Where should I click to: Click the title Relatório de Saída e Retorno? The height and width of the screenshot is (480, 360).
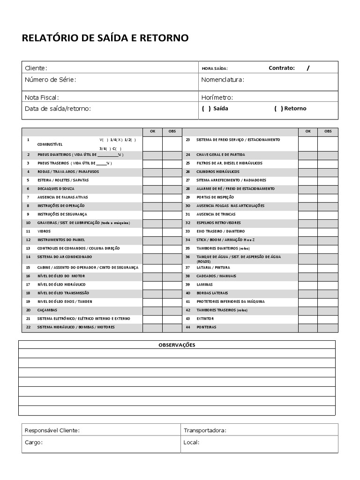point(105,38)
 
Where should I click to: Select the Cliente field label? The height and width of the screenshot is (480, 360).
point(36,68)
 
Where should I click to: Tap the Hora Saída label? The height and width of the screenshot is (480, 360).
point(215,68)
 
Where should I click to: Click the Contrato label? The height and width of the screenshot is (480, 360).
point(282,68)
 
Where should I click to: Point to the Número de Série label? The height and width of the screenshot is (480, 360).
point(50,80)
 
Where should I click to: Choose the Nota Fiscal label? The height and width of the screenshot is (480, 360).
point(42,97)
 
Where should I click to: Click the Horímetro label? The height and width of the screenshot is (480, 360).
point(217,97)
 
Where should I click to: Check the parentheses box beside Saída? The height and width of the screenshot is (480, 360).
point(206,108)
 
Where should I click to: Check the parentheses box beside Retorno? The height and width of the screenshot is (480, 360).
point(278,108)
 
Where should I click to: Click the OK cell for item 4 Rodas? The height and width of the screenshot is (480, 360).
point(152,172)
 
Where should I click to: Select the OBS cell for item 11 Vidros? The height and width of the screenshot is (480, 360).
point(172,231)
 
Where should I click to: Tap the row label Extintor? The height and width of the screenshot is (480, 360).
point(205,318)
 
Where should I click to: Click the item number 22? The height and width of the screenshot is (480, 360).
point(28,327)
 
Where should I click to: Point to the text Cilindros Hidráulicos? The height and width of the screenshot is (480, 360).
point(218,172)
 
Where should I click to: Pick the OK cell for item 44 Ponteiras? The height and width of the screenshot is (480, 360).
point(307,327)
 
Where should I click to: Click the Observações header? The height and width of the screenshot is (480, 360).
point(177,345)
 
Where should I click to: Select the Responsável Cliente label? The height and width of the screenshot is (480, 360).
point(52,430)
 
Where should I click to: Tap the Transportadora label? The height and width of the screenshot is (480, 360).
point(205,430)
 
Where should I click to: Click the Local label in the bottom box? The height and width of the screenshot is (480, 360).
point(192,442)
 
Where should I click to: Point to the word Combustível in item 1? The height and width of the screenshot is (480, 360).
point(50,144)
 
